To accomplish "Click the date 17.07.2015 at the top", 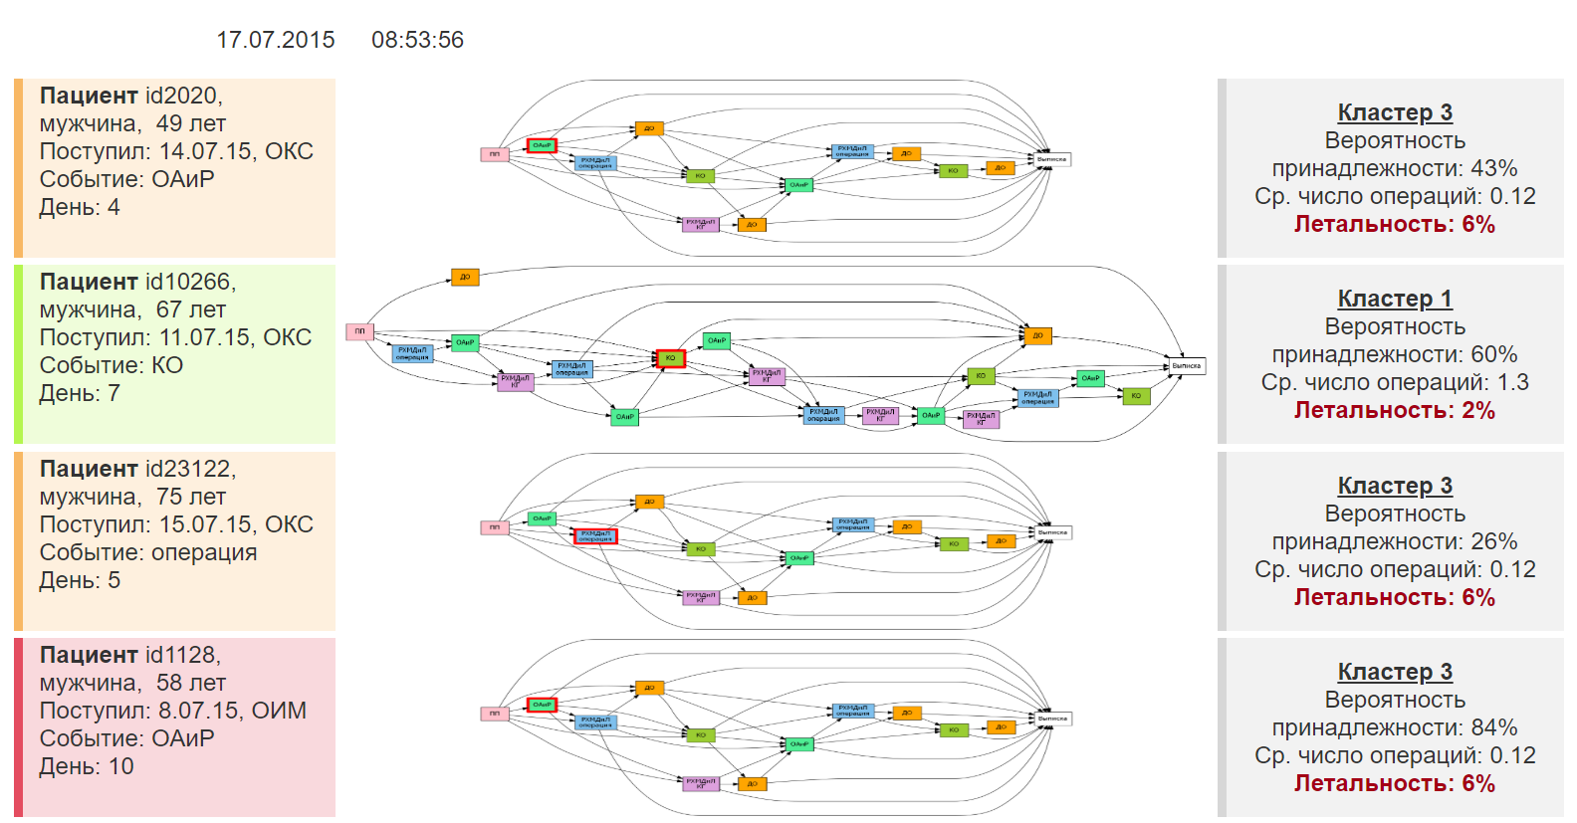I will click(276, 40).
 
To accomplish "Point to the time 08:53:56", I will click(417, 40).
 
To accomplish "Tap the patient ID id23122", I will click(190, 469).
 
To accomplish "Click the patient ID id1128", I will click(183, 655).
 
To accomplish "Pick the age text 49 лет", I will click(190, 123).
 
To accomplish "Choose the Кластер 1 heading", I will click(1394, 299).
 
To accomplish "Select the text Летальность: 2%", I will click(1394, 410).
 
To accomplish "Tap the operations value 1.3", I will click(1513, 382).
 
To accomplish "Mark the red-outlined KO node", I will click(670, 358).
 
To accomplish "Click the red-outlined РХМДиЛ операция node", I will click(595, 536).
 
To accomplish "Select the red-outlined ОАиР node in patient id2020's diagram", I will click(542, 145).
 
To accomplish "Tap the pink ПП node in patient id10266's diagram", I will click(359, 331).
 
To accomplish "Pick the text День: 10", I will click(87, 766).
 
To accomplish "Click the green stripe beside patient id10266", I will click(18, 353).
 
